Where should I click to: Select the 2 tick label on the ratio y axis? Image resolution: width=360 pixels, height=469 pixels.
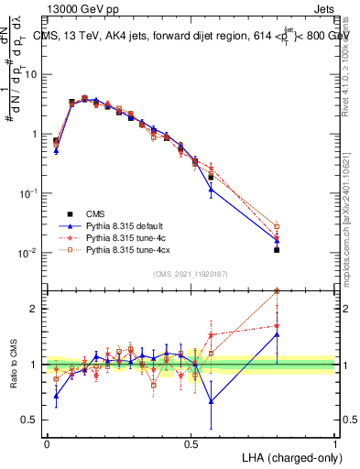coord(35,309)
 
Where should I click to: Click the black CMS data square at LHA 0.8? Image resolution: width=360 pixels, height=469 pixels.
coord(277,249)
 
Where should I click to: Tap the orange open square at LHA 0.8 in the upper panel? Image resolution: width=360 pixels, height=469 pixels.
coord(277,225)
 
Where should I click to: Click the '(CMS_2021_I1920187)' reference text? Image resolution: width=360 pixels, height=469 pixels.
coord(191,274)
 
